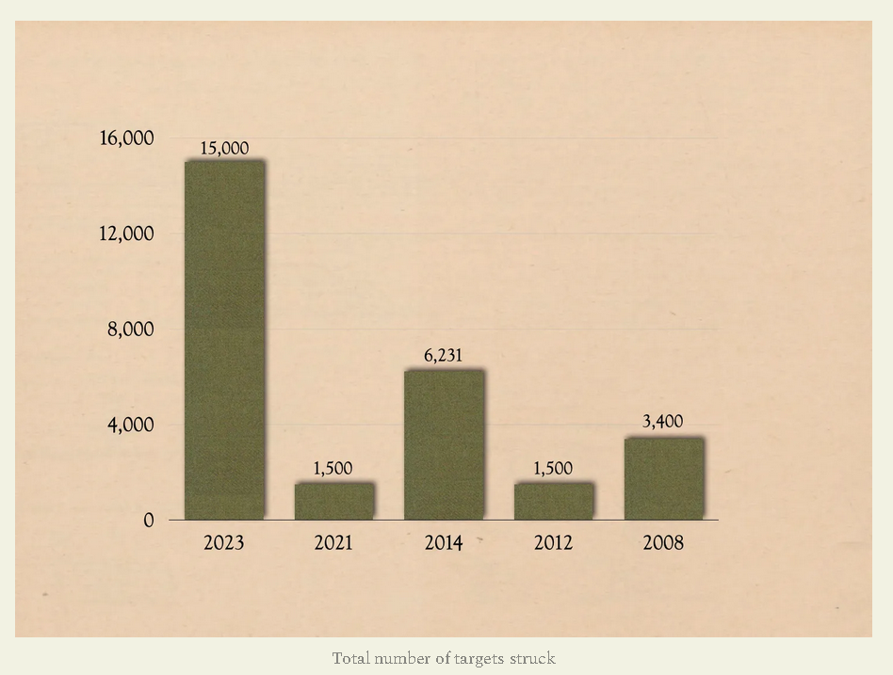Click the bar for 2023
click(224, 340)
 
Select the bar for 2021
click(333, 501)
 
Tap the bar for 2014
click(444, 444)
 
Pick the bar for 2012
click(554, 501)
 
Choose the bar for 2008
click(663, 478)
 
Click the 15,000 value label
click(224, 148)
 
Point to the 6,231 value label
click(444, 356)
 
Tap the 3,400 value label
click(663, 422)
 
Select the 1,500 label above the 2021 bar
click(333, 469)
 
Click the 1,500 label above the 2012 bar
click(554, 469)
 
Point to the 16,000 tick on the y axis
click(126, 138)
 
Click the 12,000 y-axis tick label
click(126, 233)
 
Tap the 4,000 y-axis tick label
click(131, 425)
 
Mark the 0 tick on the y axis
click(149, 521)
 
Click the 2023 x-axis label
click(224, 543)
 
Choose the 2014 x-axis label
click(444, 543)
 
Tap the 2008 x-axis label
click(663, 543)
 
